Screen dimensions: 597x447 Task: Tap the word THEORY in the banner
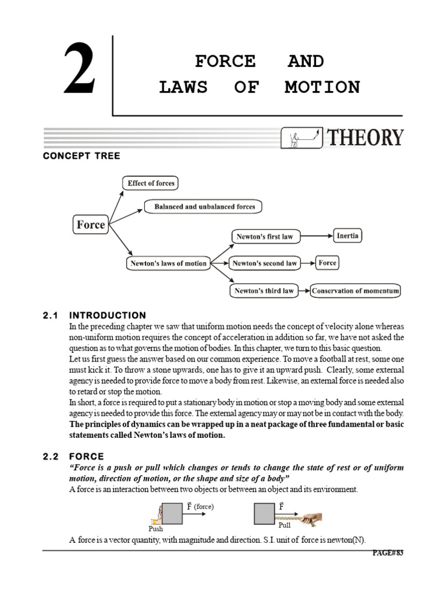pos(365,138)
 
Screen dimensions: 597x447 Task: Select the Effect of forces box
pos(151,183)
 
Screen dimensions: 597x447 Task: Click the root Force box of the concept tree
pos(91,224)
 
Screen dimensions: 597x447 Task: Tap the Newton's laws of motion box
pos(167,263)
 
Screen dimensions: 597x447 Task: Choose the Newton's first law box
pos(264,237)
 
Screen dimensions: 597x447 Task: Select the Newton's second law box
pos(265,263)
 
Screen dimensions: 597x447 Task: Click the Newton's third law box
pos(264,290)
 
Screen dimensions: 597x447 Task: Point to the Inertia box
pos(347,236)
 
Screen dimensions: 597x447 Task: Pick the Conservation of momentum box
pos(356,290)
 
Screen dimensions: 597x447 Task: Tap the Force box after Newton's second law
pos(327,263)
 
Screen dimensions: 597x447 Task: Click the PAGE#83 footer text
pos(387,553)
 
